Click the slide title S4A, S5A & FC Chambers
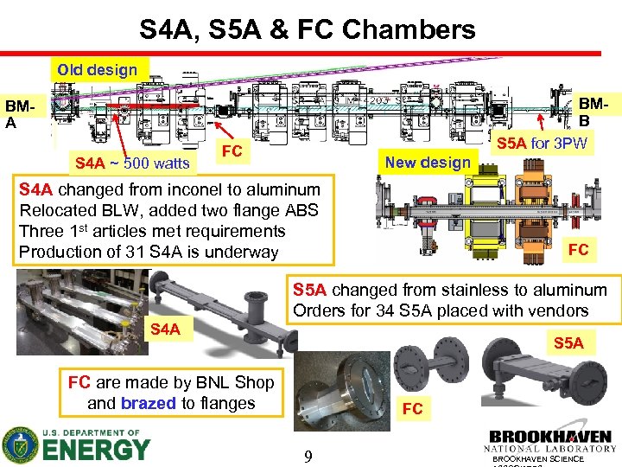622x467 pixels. coord(308,30)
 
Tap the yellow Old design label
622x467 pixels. coord(98,69)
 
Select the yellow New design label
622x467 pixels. coord(428,162)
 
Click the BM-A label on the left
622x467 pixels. coord(20,113)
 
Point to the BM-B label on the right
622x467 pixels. coord(595,112)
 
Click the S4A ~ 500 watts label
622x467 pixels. coord(132,163)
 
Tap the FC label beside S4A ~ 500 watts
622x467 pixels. coord(231,151)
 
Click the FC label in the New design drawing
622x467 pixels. coord(578,250)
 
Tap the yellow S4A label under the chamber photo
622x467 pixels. coord(165,329)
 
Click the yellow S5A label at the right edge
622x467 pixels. coord(568,343)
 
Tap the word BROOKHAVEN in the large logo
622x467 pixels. coord(549,438)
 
